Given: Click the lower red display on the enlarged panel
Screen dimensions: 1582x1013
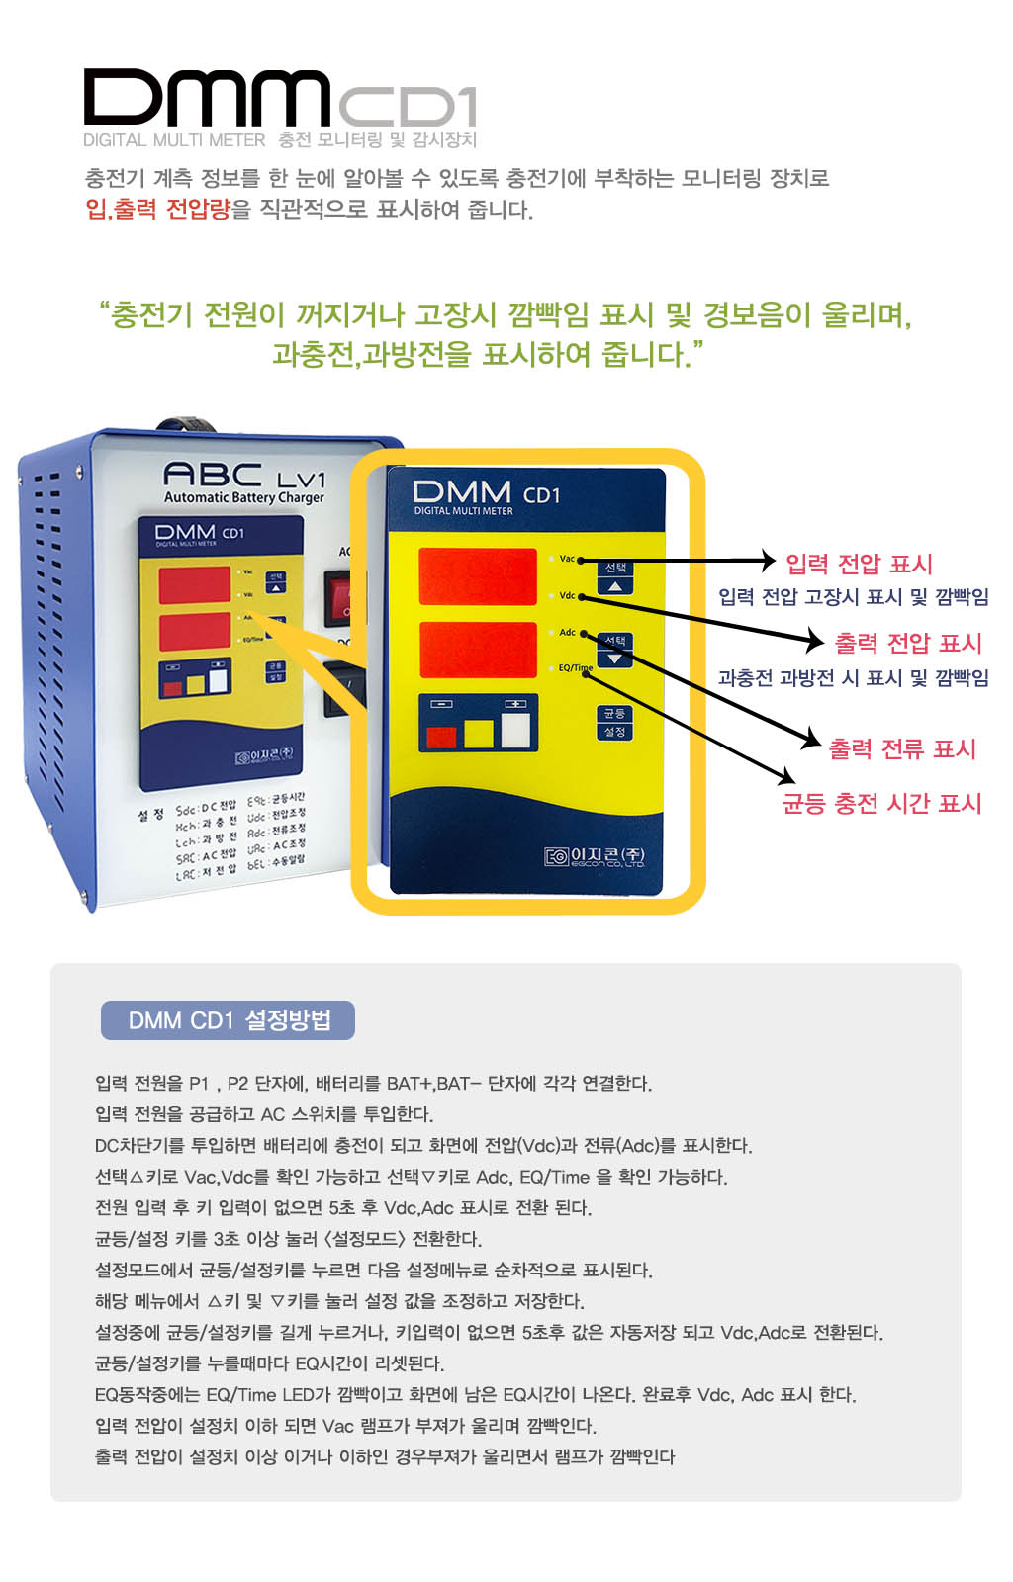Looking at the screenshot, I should pos(477,650).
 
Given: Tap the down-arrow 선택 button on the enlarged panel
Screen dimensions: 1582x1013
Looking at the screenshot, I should pos(615,650).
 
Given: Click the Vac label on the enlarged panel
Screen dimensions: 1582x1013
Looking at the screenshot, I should pos(567,559).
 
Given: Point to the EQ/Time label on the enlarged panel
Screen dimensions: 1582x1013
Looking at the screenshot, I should pos(574,668).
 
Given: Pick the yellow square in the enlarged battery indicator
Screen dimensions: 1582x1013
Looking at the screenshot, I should pos(479,734).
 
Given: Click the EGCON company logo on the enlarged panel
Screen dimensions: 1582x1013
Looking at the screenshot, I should pos(595,856).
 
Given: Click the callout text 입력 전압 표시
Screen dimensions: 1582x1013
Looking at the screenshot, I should pos(859,564).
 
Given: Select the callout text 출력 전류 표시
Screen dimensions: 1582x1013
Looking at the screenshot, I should pos(901,748).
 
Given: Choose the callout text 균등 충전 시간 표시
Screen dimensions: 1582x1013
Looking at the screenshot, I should pos(881,803).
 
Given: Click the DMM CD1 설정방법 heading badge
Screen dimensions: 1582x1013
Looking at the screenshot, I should pos(228,1020).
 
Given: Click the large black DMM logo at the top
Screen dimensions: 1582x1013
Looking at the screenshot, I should pos(206,97).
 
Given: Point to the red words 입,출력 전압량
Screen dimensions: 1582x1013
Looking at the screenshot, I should pos(158,209).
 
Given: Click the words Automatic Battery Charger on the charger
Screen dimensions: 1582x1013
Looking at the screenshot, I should pos(243,498).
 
